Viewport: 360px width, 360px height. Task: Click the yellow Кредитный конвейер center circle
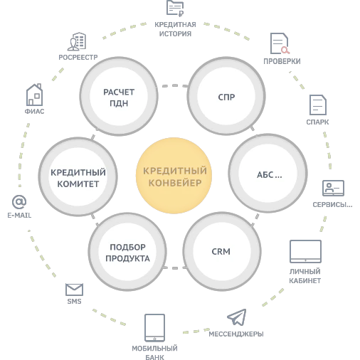174,176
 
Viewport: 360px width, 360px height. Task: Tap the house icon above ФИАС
34,95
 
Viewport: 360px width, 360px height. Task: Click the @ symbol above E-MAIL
19,202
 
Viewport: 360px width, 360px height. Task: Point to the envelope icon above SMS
74,290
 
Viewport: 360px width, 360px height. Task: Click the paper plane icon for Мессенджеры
237,317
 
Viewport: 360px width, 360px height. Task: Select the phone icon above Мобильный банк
154,328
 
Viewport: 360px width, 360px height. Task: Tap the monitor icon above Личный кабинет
305,251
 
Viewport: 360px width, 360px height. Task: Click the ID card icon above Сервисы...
333,188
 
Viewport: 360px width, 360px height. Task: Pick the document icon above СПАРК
318,105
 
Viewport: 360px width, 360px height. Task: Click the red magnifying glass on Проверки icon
285,50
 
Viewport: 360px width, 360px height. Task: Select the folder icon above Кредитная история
175,9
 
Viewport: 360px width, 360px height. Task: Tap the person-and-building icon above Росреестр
77,42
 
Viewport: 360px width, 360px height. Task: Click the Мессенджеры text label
236,334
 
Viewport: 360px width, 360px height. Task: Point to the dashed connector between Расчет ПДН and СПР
175,85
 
